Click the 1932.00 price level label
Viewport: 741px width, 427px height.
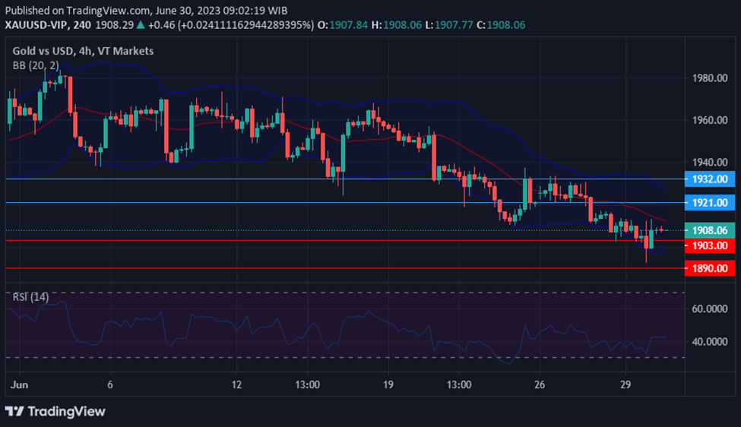[711, 179]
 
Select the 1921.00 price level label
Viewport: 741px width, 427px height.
[711, 203]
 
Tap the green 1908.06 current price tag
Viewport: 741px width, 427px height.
[711, 230]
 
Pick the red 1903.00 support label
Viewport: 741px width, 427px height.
[711, 245]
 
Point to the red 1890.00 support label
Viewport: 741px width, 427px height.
[711, 268]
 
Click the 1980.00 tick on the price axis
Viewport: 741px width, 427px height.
[711, 78]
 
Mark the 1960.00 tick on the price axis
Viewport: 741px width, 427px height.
[711, 120]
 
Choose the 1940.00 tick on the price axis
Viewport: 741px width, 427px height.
[711, 163]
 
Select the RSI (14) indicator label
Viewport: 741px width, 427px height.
[30, 297]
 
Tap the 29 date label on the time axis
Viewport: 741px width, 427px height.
[625, 384]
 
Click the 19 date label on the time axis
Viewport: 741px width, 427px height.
[388, 384]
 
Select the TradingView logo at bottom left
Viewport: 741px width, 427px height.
[55, 411]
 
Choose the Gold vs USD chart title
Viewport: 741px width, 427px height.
[50, 51]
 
